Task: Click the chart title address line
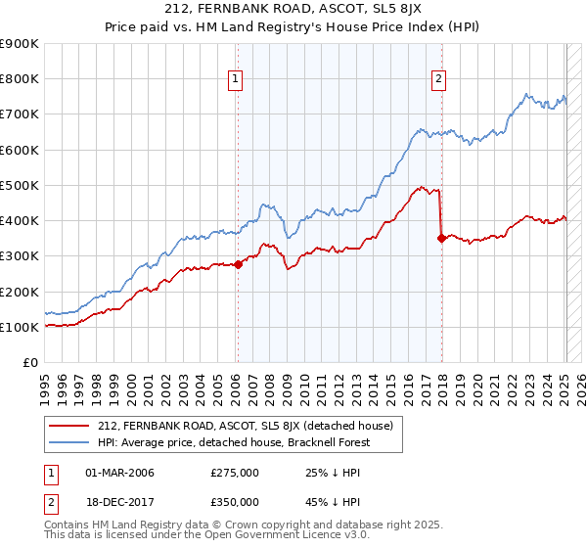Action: tap(293, 12)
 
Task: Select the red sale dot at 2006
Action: tap(238, 264)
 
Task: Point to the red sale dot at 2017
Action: tap(441, 237)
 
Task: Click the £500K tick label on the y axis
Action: tap(20, 185)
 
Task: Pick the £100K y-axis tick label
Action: tap(20, 327)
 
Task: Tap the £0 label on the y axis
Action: tap(29, 362)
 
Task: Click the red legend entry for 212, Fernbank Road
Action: tap(245, 426)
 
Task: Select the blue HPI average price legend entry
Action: tap(236, 442)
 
